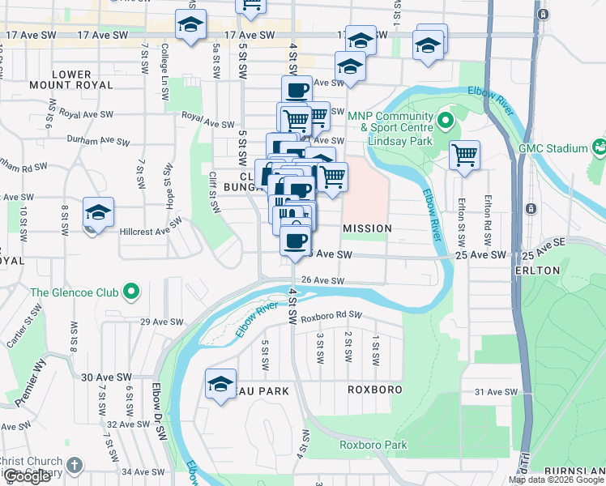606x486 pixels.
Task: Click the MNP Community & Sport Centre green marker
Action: coord(445,122)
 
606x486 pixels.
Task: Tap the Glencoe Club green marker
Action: coord(130,292)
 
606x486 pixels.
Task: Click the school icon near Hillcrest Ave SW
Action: coord(98,213)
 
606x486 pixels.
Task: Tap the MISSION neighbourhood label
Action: coord(367,228)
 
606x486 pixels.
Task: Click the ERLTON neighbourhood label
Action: coord(536,270)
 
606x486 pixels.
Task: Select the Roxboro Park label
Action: coord(373,445)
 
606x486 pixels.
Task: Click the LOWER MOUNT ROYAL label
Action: coord(71,82)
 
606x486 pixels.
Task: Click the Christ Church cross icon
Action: coord(75,466)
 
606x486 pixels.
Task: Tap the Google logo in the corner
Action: coord(27,476)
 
